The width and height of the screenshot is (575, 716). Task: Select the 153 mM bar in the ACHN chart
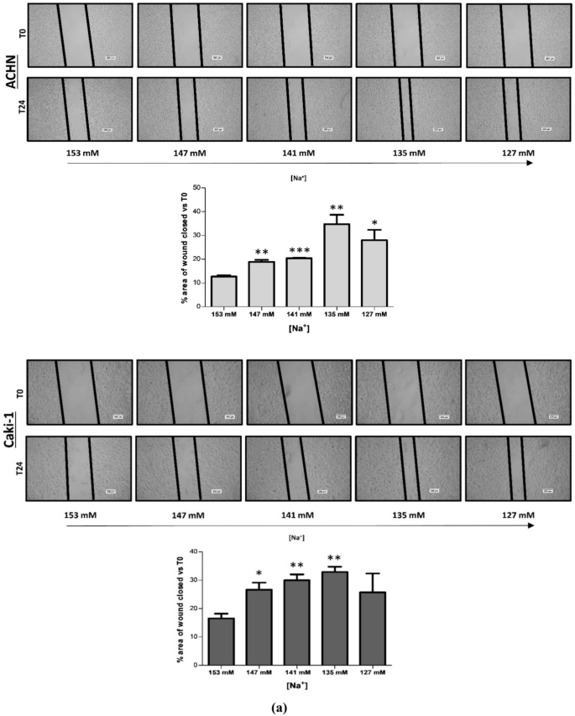[x=223, y=290]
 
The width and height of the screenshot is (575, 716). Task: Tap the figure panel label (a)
[x=286, y=706]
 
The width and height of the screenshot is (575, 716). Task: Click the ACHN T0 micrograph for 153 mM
[x=79, y=36]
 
